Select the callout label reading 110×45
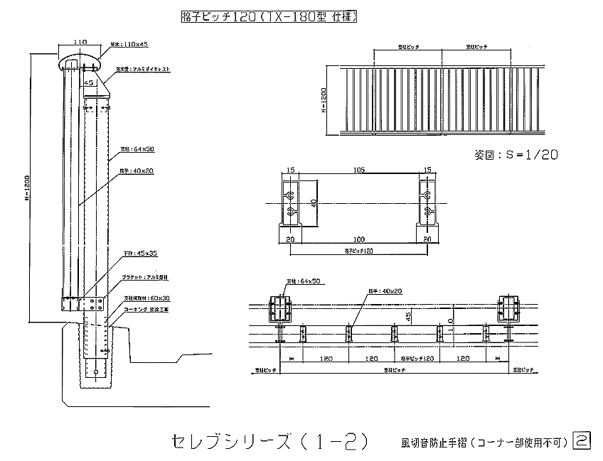(x=128, y=44)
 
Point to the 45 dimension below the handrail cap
(x=89, y=82)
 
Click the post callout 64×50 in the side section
(x=129, y=149)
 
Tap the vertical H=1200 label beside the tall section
(x=26, y=188)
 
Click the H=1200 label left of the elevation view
(x=324, y=101)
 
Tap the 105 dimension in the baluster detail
(x=358, y=170)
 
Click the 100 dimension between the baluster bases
(x=359, y=239)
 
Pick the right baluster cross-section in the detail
(x=427, y=205)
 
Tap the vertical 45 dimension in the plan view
(x=408, y=318)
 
